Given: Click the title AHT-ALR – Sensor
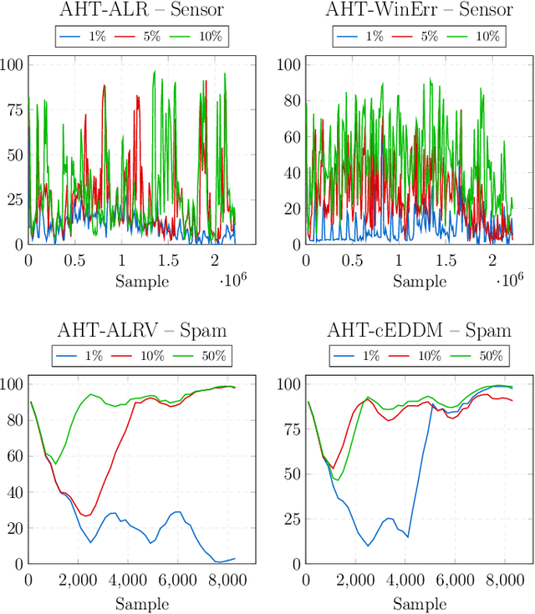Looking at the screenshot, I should [x=142, y=11].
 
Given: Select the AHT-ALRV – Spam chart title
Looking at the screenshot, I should [x=142, y=330].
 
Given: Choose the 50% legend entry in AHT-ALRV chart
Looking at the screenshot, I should [x=208, y=355].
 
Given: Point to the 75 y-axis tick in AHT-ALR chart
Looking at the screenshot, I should [x=13, y=108].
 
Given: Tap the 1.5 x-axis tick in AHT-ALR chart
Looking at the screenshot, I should [x=168, y=260].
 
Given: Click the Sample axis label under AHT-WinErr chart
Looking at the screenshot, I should [x=420, y=281].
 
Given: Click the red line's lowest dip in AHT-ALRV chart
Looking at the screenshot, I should [x=85, y=515].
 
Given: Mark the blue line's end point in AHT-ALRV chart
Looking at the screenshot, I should [x=235, y=558].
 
